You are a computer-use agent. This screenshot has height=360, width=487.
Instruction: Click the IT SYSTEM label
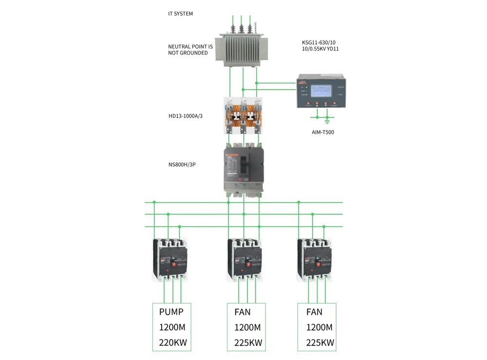[x=180, y=14]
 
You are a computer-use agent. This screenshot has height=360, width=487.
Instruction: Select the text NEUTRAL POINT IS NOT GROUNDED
[x=190, y=50]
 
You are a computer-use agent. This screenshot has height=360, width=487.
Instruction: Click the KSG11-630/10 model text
[x=322, y=43]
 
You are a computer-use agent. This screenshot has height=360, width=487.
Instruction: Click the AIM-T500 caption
[x=323, y=132]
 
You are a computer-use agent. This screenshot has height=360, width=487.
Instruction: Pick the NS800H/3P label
[x=182, y=165]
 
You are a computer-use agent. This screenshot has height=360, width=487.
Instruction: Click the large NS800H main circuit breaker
[x=243, y=170]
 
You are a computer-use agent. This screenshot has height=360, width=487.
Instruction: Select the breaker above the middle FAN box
[x=245, y=260]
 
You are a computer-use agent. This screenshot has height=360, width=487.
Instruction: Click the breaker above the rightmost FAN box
[x=315, y=260]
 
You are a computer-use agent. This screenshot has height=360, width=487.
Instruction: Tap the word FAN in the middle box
[x=243, y=312]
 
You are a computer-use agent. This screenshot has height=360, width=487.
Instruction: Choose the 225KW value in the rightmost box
[x=320, y=342]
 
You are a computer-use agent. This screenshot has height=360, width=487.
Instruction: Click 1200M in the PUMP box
[x=172, y=327]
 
